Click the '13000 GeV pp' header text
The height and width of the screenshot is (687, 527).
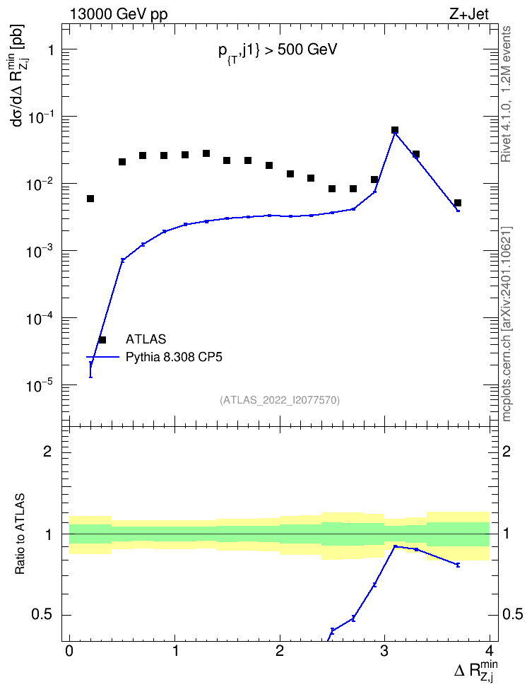click(x=118, y=14)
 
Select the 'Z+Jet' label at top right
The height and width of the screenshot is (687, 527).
click(x=469, y=14)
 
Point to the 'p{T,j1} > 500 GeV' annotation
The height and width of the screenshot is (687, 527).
click(x=278, y=51)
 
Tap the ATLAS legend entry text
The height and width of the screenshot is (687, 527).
click(x=146, y=339)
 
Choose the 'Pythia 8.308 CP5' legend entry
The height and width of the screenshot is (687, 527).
click(x=174, y=357)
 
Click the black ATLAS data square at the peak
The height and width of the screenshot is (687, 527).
click(x=395, y=130)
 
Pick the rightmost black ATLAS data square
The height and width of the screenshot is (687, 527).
click(x=458, y=203)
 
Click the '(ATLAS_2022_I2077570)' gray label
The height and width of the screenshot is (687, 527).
click(x=280, y=399)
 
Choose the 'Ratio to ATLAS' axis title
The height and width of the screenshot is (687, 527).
click(x=20, y=534)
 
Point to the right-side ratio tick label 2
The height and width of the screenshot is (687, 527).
click(x=507, y=451)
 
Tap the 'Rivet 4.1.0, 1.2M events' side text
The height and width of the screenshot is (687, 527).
click(x=506, y=94)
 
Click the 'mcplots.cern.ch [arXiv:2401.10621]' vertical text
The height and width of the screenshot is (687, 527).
click(x=507, y=324)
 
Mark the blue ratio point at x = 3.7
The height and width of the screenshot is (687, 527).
click(x=458, y=565)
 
